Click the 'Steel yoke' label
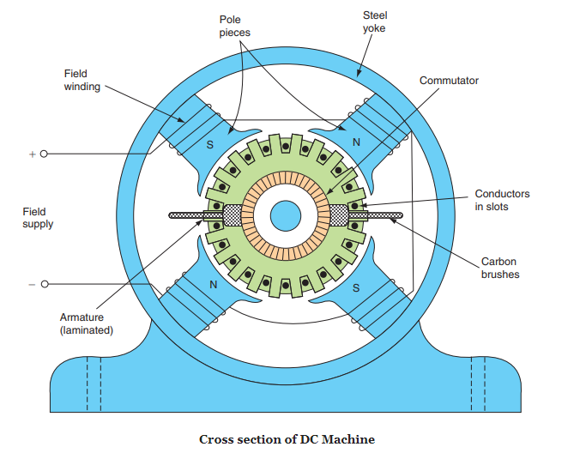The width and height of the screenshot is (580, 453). tap(375, 22)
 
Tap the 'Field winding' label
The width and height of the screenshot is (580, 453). tap(76, 81)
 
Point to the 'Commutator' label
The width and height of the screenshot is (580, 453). tap(449, 81)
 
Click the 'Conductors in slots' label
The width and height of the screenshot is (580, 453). tap(502, 200)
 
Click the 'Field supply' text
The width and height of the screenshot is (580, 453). tap(39, 217)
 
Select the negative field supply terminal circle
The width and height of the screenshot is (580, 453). tap(44, 284)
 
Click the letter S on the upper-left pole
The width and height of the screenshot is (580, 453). tap(208, 145)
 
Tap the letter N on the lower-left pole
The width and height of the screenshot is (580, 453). tap(212, 285)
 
